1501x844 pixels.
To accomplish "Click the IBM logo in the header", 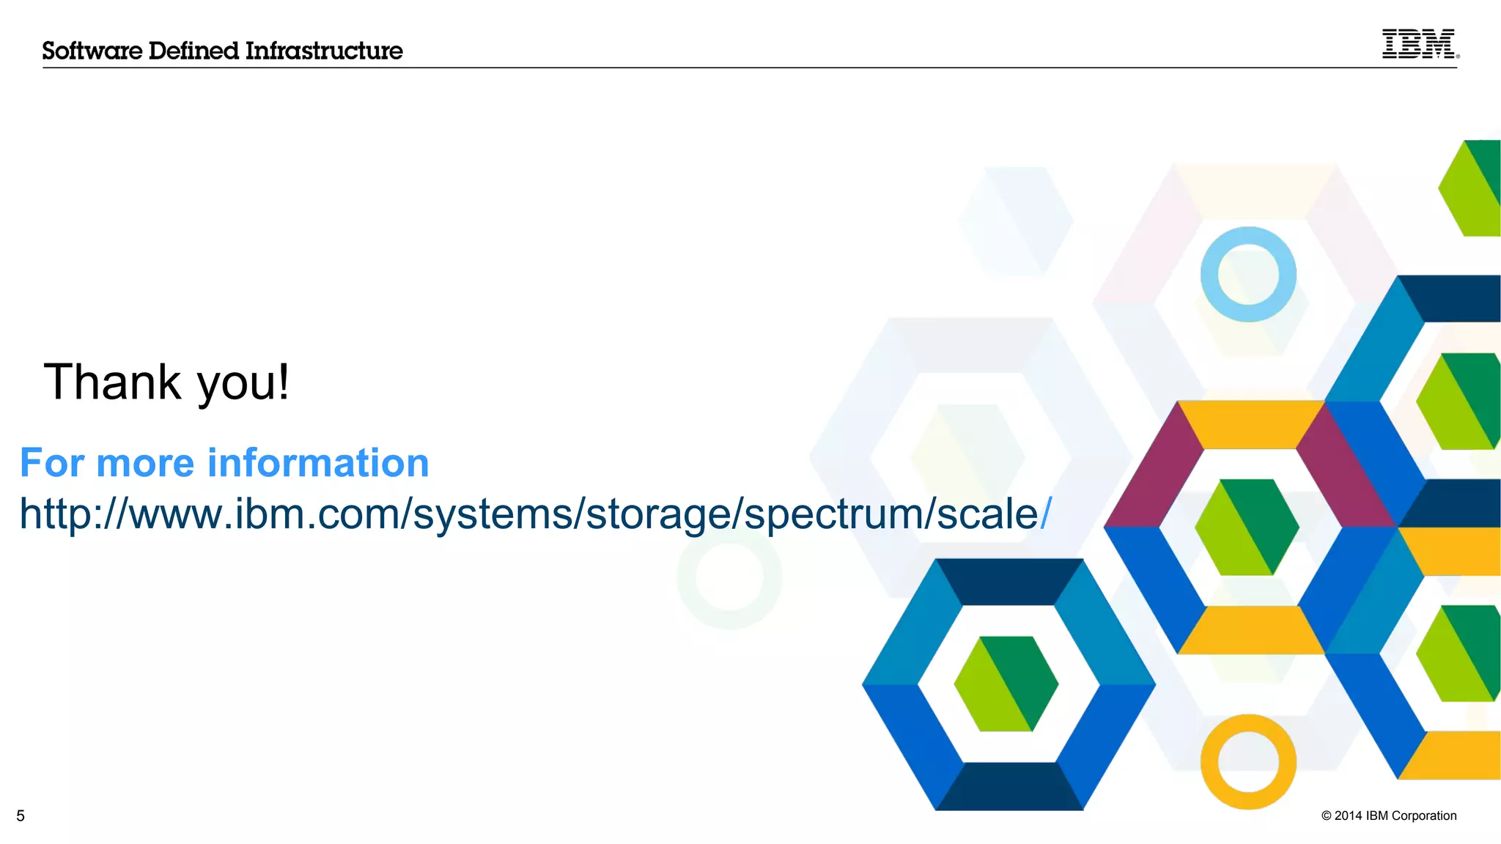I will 1419,44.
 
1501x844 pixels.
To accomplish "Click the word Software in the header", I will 92,51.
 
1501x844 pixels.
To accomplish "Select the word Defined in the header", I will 193,51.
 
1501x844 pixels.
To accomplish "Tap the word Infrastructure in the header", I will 324,51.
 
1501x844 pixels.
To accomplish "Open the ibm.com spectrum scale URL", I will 535,514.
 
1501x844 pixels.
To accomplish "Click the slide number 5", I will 21,816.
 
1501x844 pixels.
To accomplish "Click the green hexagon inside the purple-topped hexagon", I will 1247,527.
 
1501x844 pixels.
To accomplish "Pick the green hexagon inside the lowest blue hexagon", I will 1006,684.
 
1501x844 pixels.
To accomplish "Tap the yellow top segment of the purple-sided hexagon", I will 1250,424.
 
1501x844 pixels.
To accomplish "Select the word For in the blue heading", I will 51,463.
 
